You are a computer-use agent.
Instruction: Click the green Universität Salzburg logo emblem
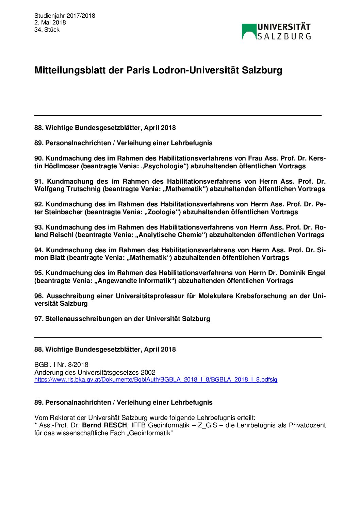coord(249,32)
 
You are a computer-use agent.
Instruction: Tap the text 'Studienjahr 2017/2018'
coord(65,16)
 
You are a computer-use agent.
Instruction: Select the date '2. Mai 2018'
coord(50,22)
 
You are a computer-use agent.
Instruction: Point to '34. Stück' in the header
coord(47,30)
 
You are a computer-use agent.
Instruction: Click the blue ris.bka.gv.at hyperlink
coord(156,379)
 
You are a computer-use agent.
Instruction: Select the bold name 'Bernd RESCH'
coord(104,425)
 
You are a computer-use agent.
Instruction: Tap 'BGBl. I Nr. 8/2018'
coord(61,365)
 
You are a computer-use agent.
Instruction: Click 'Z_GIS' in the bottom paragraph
coord(207,425)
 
